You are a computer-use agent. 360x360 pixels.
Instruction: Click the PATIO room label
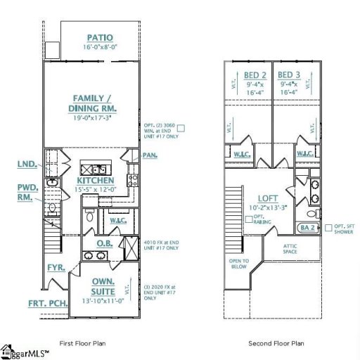101,37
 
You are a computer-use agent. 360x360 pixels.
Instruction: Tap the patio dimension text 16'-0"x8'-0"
101,47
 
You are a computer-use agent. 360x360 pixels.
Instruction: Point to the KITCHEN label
96,180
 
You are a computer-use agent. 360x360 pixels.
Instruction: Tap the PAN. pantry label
150,155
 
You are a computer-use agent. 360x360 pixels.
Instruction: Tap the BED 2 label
255,75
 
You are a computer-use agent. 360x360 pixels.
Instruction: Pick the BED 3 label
288,75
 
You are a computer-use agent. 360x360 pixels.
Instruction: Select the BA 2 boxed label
307,228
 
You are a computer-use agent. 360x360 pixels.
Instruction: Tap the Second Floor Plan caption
276,344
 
